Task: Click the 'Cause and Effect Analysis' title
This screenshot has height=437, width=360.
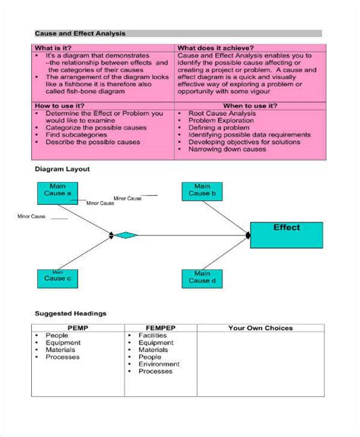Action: click(81, 34)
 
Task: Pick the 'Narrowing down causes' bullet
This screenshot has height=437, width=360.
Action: click(229, 149)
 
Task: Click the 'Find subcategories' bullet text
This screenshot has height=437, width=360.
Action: click(79, 134)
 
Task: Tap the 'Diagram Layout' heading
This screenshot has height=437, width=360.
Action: click(63, 169)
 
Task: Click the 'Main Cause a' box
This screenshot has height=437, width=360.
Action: click(58, 190)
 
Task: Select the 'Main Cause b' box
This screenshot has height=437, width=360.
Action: click(202, 190)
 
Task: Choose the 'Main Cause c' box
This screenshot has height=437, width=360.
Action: click(58, 278)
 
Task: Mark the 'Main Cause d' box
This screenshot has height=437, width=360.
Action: click(202, 278)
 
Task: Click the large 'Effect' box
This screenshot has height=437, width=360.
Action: click(286, 234)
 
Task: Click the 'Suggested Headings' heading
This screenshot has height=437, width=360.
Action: click(71, 313)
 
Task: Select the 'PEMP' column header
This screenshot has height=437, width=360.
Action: click(78, 329)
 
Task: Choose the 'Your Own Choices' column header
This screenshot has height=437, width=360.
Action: click(261, 329)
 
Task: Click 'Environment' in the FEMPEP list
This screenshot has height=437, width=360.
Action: click(159, 364)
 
